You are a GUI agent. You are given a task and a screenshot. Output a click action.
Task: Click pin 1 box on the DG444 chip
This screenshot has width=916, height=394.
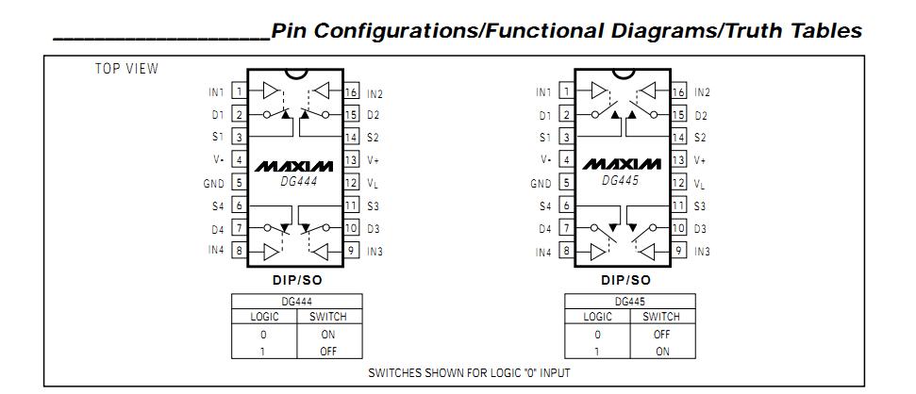click(x=240, y=91)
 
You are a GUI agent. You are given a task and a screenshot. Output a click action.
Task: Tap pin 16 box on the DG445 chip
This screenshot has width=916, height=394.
click(x=678, y=91)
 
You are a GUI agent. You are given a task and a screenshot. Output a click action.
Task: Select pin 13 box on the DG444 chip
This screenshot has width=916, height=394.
click(x=351, y=160)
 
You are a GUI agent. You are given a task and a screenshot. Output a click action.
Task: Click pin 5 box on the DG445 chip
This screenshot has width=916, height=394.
click(x=566, y=183)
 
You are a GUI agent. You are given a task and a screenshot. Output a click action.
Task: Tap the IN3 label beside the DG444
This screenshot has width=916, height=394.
click(x=375, y=252)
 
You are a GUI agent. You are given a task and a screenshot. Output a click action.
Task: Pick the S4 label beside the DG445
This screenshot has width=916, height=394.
click(x=544, y=205)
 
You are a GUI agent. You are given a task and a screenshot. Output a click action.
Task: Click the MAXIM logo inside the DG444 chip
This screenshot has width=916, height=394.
click(x=295, y=165)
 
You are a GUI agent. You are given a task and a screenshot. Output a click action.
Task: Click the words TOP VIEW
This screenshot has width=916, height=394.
click(x=126, y=69)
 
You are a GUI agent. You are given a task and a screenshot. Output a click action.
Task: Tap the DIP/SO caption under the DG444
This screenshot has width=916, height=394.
click(x=295, y=280)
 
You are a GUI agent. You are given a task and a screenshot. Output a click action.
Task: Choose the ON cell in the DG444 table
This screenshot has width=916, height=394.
click(x=328, y=335)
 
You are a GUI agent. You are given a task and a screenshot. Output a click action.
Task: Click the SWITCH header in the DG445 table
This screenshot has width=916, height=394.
click(x=661, y=318)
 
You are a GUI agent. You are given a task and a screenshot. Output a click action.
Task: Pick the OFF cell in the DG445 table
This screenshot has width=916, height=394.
click(x=661, y=335)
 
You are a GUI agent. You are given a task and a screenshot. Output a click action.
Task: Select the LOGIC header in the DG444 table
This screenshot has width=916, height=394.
click(x=264, y=318)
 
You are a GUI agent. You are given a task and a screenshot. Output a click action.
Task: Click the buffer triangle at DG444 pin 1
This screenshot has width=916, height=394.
click(x=271, y=91)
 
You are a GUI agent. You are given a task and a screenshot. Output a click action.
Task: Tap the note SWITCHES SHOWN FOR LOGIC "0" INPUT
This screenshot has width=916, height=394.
click(x=469, y=372)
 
